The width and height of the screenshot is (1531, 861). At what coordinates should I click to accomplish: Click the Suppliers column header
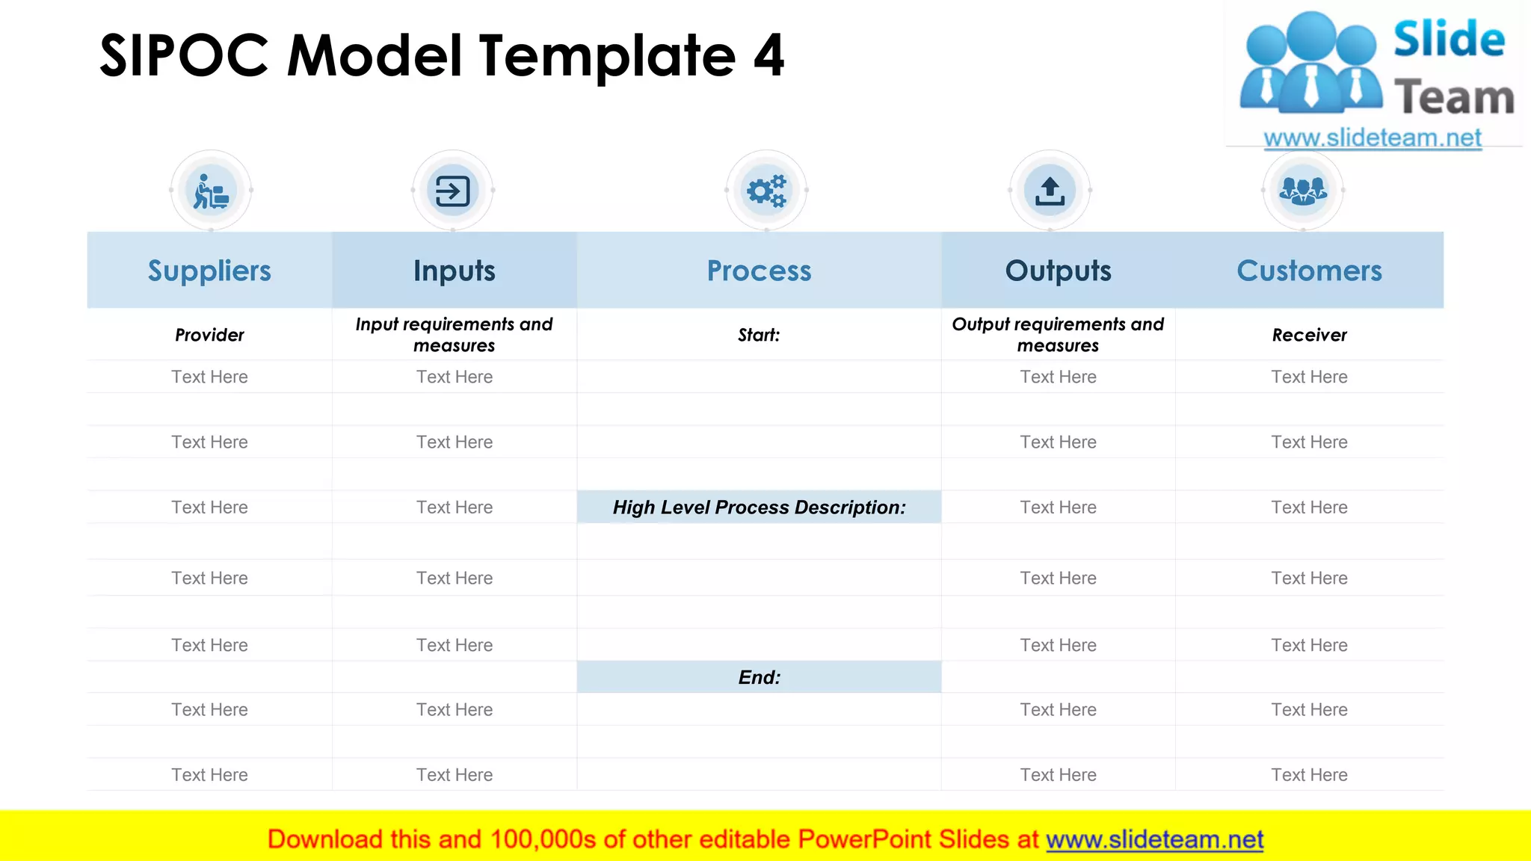[x=209, y=271]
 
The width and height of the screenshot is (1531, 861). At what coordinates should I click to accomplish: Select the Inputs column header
[x=455, y=271]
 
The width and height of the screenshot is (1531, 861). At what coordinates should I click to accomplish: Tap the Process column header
[x=759, y=271]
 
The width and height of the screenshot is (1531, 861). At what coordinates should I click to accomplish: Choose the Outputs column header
[x=1058, y=271]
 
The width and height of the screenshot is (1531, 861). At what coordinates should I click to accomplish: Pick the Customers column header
[x=1309, y=271]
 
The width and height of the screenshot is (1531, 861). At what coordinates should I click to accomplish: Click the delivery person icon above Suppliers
[x=211, y=191]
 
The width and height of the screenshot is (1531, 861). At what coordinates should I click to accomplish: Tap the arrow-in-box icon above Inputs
[x=453, y=191]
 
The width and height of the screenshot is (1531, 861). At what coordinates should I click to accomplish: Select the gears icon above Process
[x=766, y=191]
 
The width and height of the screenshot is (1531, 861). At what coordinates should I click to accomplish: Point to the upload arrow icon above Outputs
[x=1050, y=191]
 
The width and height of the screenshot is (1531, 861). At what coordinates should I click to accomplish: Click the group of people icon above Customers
[x=1303, y=191]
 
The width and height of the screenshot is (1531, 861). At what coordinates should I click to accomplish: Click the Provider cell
[x=209, y=335]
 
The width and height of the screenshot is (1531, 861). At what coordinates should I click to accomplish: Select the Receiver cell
[x=1309, y=335]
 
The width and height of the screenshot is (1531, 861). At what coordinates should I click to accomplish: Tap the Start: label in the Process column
[x=759, y=335]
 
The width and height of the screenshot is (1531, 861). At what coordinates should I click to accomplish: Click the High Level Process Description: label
[x=759, y=507]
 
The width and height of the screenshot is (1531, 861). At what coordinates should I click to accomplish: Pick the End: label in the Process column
[x=759, y=677]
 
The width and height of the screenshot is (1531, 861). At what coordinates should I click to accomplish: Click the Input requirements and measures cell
[x=455, y=335]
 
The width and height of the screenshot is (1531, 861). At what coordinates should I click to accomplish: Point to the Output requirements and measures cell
[x=1058, y=335]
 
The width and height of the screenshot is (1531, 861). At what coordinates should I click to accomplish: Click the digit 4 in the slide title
[x=768, y=56]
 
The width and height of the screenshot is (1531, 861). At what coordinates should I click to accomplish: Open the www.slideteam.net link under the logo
[x=1373, y=138]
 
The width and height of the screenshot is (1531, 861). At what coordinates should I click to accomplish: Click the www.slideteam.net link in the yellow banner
[x=1154, y=839]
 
